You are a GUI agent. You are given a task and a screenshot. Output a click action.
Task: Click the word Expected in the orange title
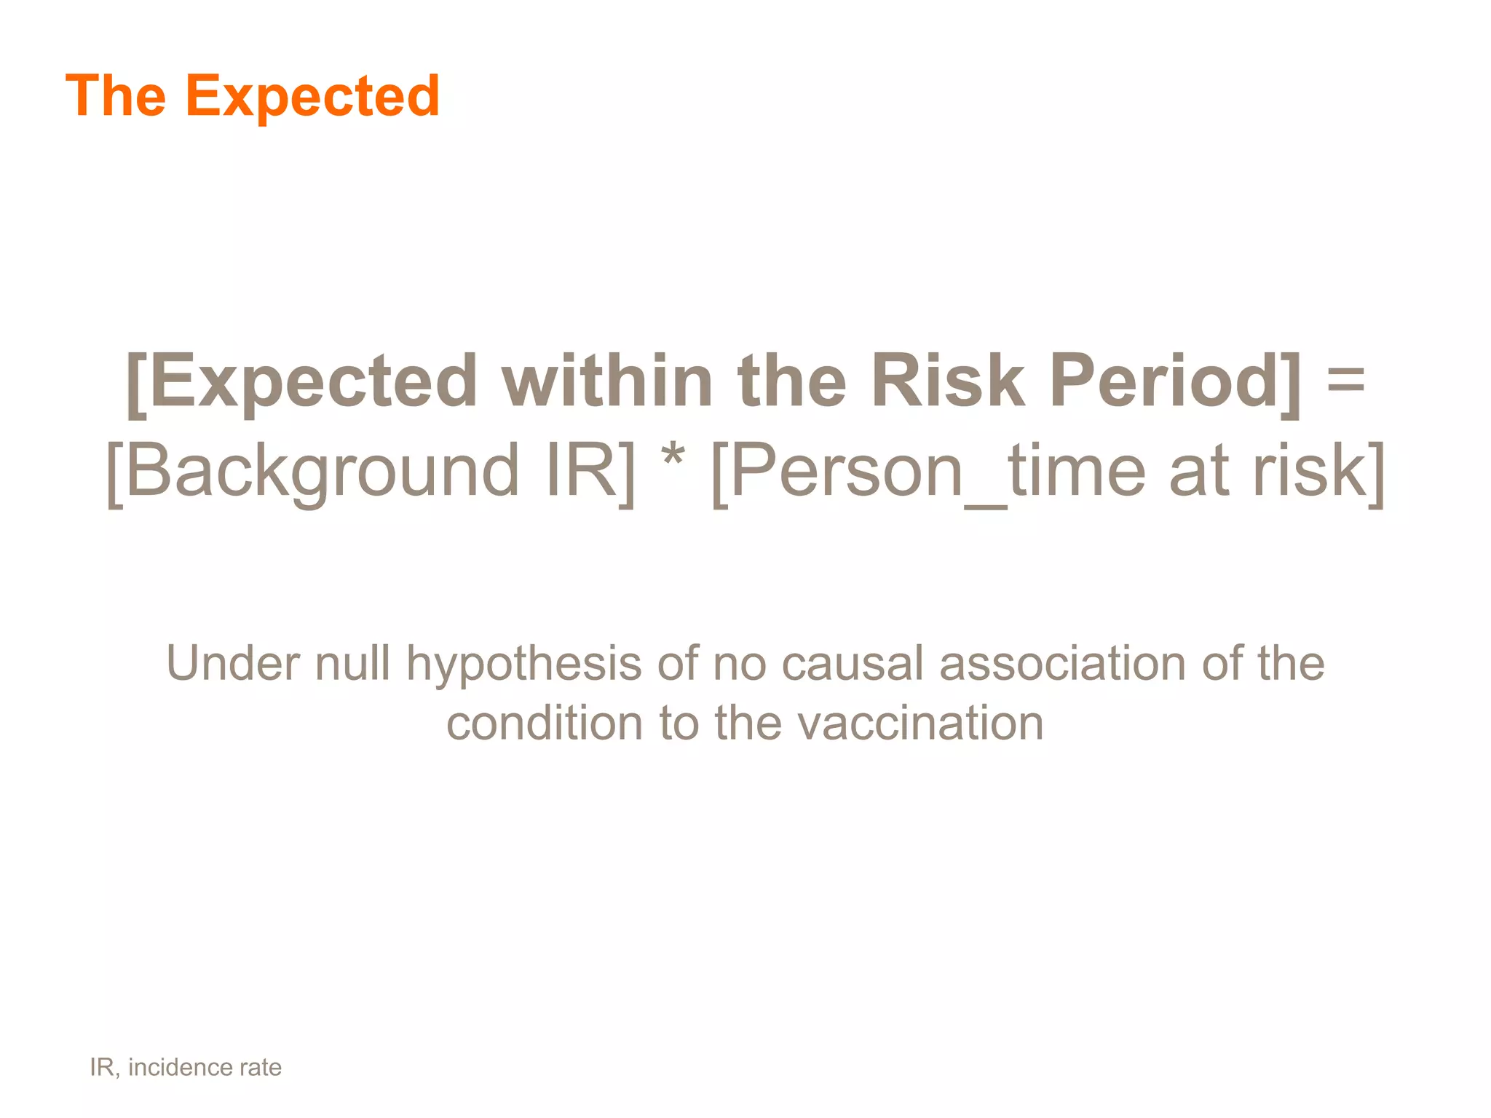[312, 96]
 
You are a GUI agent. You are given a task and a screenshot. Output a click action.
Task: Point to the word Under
[232, 663]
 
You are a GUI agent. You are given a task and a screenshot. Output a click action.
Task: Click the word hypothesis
[523, 665]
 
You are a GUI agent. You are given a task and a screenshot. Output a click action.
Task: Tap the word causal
[853, 663]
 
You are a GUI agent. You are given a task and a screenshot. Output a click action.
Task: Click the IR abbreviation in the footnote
[102, 1067]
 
